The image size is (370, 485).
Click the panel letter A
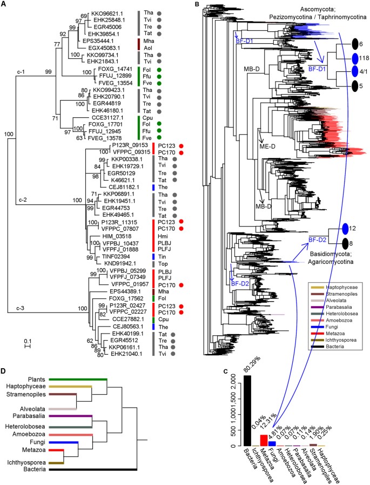(4, 4)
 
